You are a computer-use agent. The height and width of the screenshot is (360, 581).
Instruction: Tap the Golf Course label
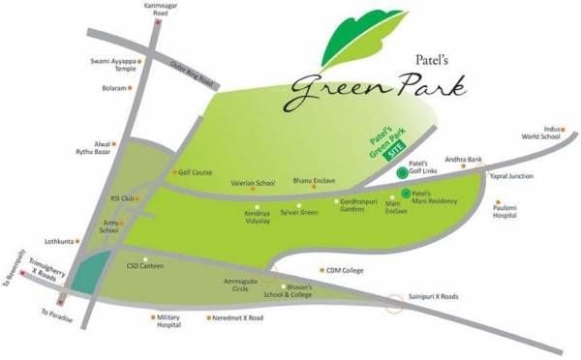(x=196, y=172)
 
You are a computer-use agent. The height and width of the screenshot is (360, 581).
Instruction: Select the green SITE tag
(x=393, y=152)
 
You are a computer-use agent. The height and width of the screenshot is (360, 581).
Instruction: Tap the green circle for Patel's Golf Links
(x=402, y=173)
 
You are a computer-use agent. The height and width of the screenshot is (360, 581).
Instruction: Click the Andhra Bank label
(x=462, y=159)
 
